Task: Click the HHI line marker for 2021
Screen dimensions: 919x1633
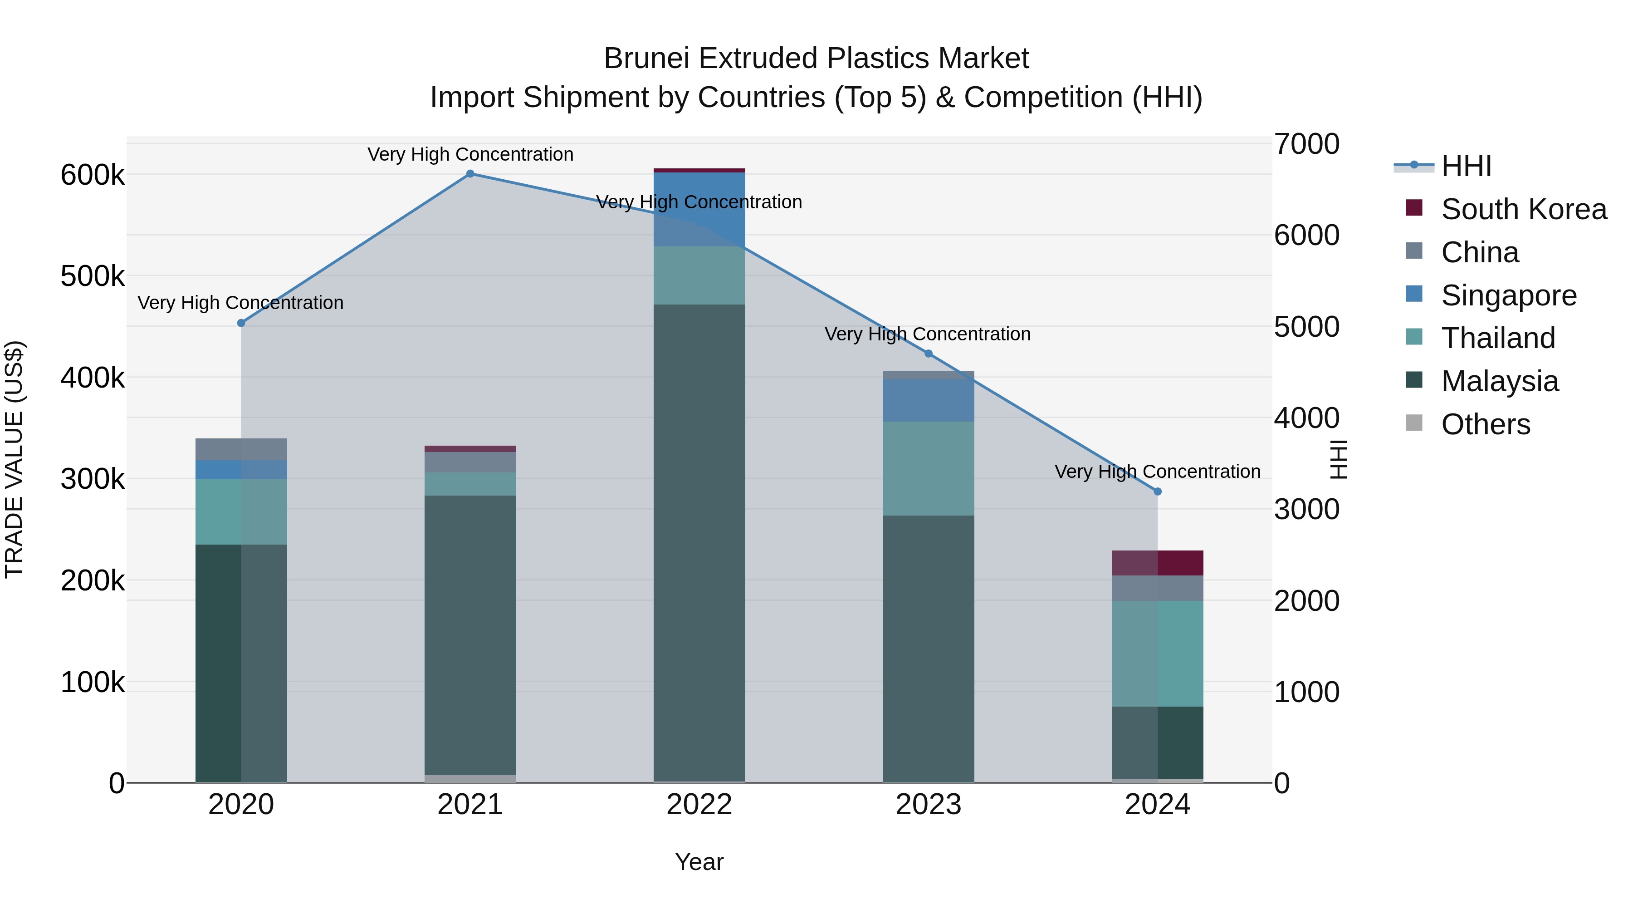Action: [x=470, y=174]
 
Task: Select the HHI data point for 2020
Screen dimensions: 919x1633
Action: [x=241, y=323]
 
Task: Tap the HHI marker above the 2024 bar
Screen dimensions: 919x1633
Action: [x=1158, y=491]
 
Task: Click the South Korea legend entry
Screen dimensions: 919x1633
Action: [x=1523, y=209]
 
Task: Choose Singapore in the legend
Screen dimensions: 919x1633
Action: [x=1509, y=295]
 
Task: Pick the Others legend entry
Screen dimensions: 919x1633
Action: [x=1485, y=424]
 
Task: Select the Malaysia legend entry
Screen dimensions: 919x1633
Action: [x=1499, y=381]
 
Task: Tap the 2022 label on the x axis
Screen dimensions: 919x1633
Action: [x=699, y=805]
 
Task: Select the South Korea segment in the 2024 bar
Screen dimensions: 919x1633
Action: [x=1158, y=563]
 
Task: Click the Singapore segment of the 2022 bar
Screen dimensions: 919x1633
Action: [x=699, y=209]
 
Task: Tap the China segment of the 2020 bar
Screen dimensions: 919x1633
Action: [x=241, y=449]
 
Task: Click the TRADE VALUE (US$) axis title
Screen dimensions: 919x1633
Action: [x=14, y=459]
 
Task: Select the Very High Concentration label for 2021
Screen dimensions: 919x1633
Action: [x=470, y=155]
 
